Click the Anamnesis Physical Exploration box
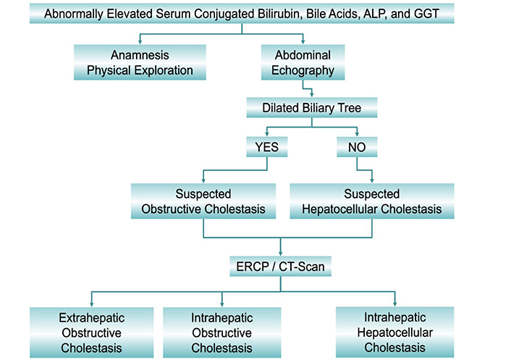(x=140, y=62)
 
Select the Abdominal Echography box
(x=303, y=62)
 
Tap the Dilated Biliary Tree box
(x=311, y=108)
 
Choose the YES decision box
(x=267, y=147)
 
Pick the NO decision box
(x=357, y=147)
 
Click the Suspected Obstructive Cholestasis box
(x=203, y=201)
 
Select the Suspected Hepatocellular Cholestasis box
(x=372, y=201)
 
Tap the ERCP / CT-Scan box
(x=280, y=267)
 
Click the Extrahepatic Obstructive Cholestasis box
(x=92, y=332)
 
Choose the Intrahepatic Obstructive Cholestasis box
(x=222, y=332)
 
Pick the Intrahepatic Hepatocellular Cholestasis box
(x=395, y=332)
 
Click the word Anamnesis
(x=140, y=55)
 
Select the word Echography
(x=303, y=70)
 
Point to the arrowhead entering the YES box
(x=267, y=134)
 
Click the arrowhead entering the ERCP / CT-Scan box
(x=281, y=254)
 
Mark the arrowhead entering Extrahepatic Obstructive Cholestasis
(x=92, y=304)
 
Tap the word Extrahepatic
(x=92, y=318)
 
